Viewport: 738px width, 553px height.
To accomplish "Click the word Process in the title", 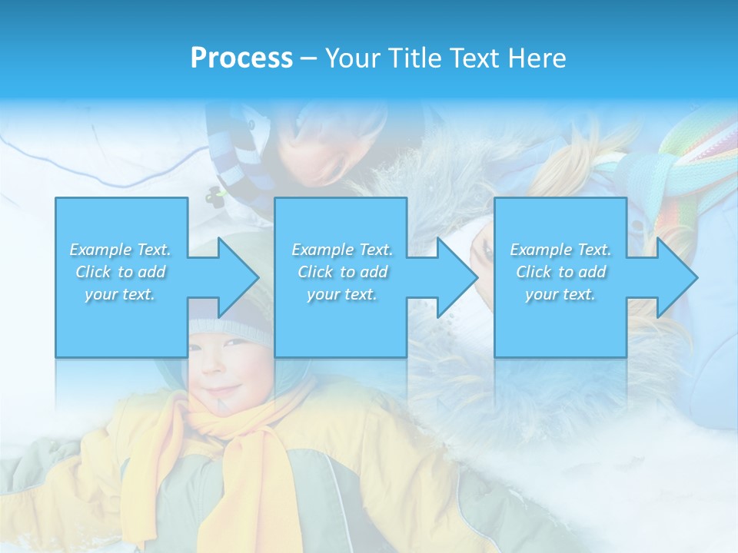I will click(x=241, y=58).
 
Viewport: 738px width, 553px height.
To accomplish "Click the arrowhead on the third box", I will click(x=677, y=277).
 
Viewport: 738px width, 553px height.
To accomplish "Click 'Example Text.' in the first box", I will click(x=121, y=250).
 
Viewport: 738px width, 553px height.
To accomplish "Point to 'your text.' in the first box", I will click(x=121, y=294).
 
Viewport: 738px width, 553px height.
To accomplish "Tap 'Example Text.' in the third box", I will click(x=560, y=250).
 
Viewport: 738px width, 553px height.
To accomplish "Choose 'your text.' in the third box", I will click(x=560, y=294).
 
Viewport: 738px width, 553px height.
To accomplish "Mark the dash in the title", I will click(x=308, y=58).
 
